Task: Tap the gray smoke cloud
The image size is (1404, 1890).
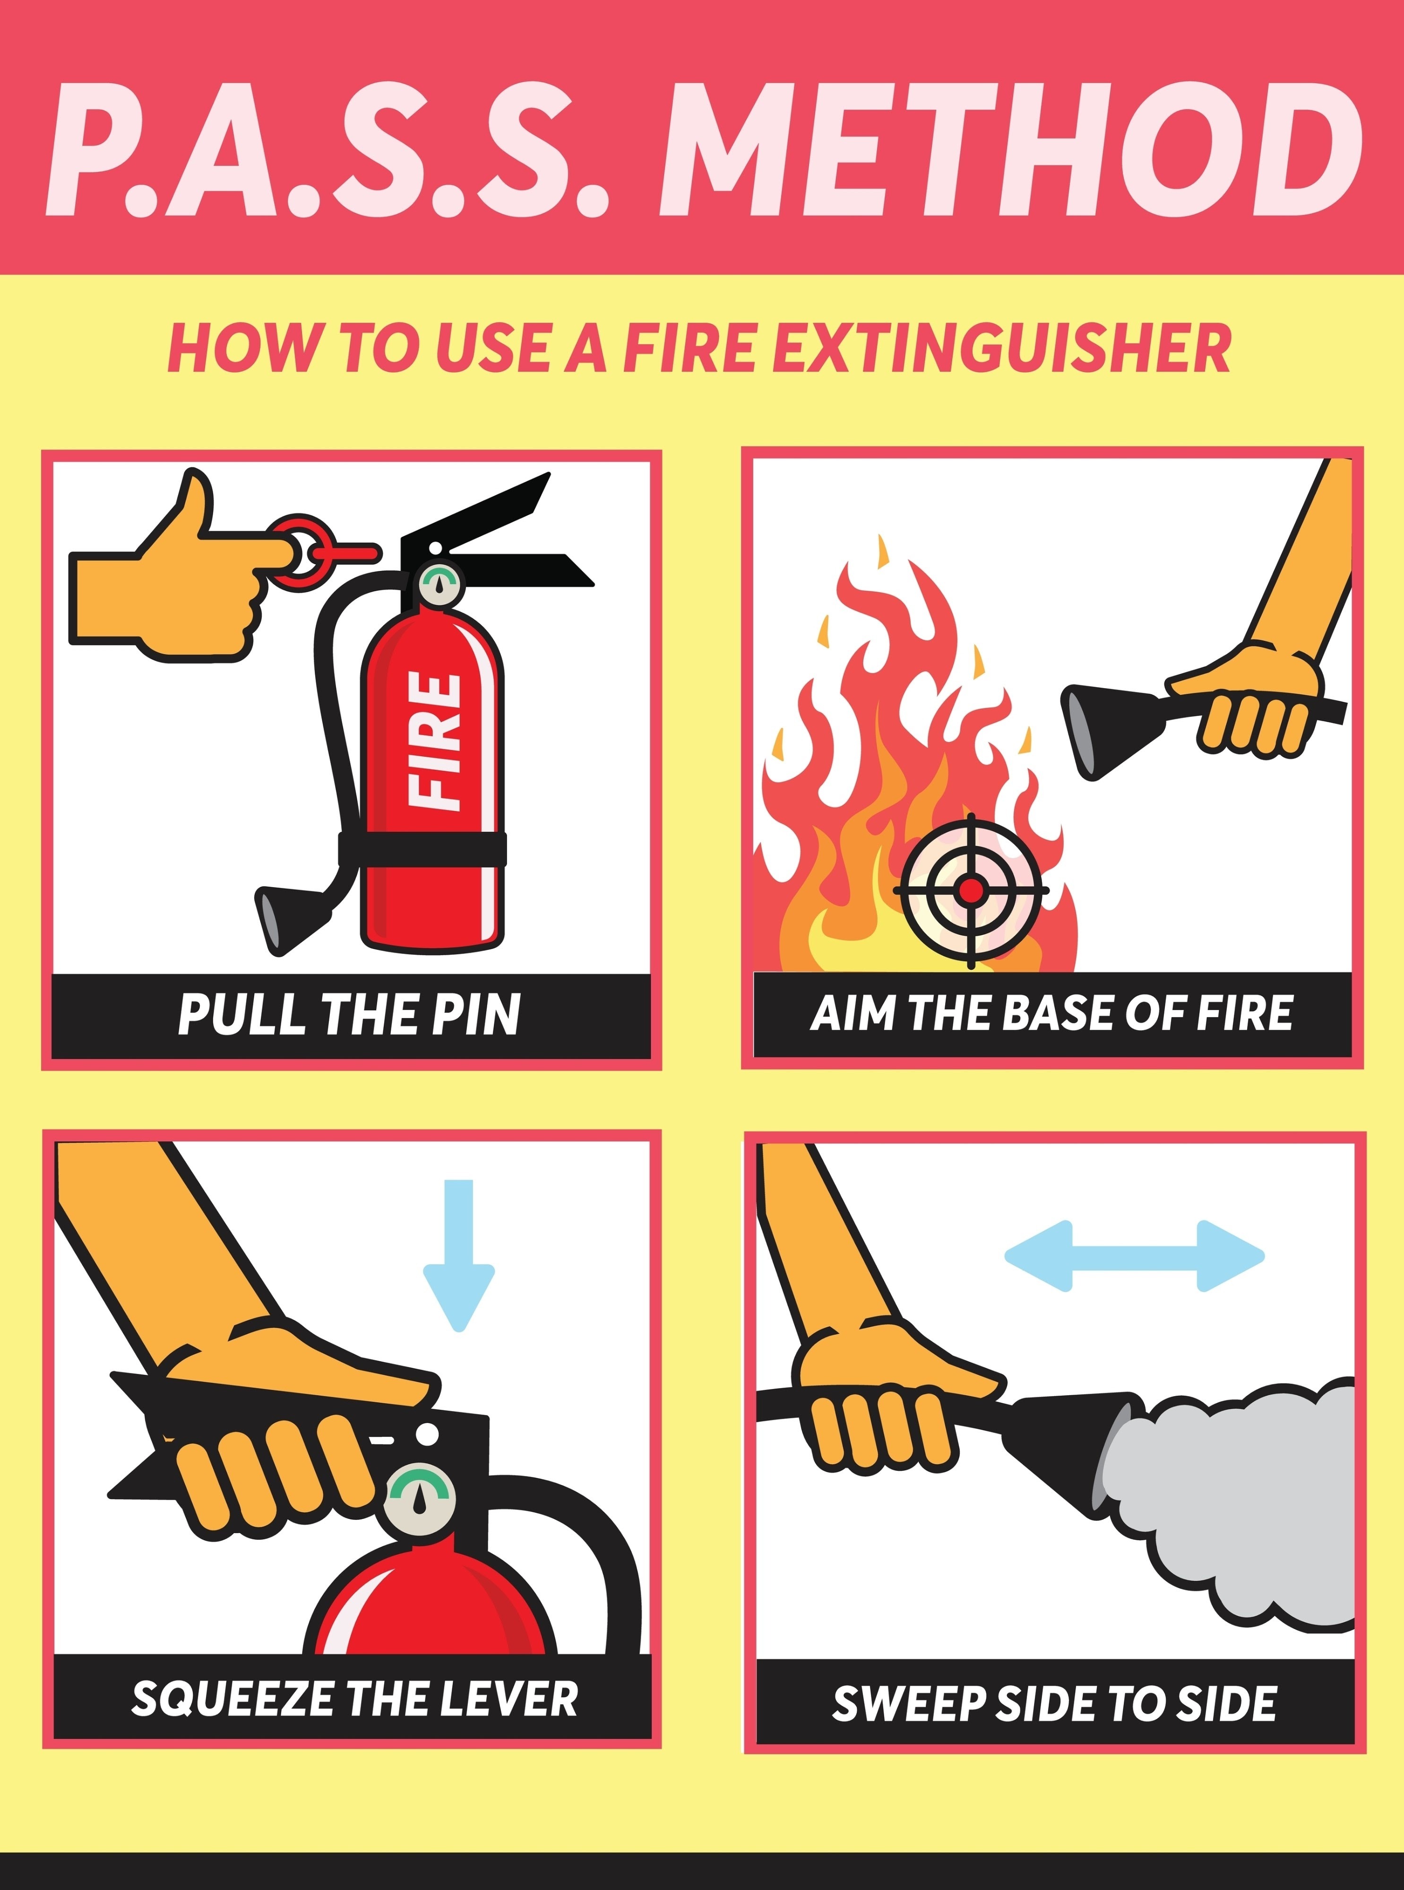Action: coord(1232,1504)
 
